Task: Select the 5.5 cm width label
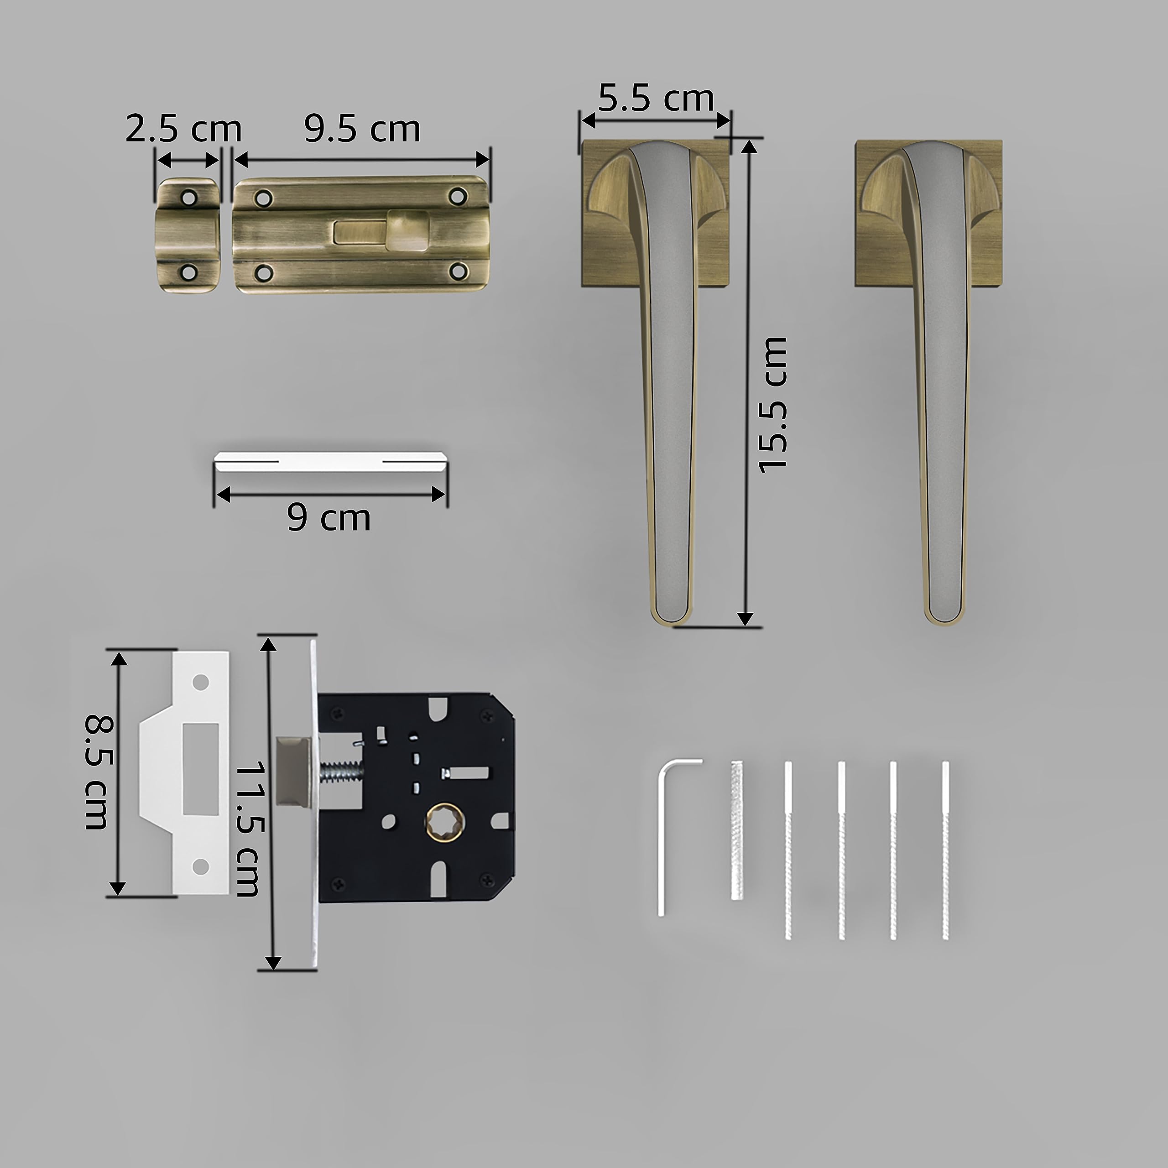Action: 656,98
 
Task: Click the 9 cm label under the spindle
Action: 329,518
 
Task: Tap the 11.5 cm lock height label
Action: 247,829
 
